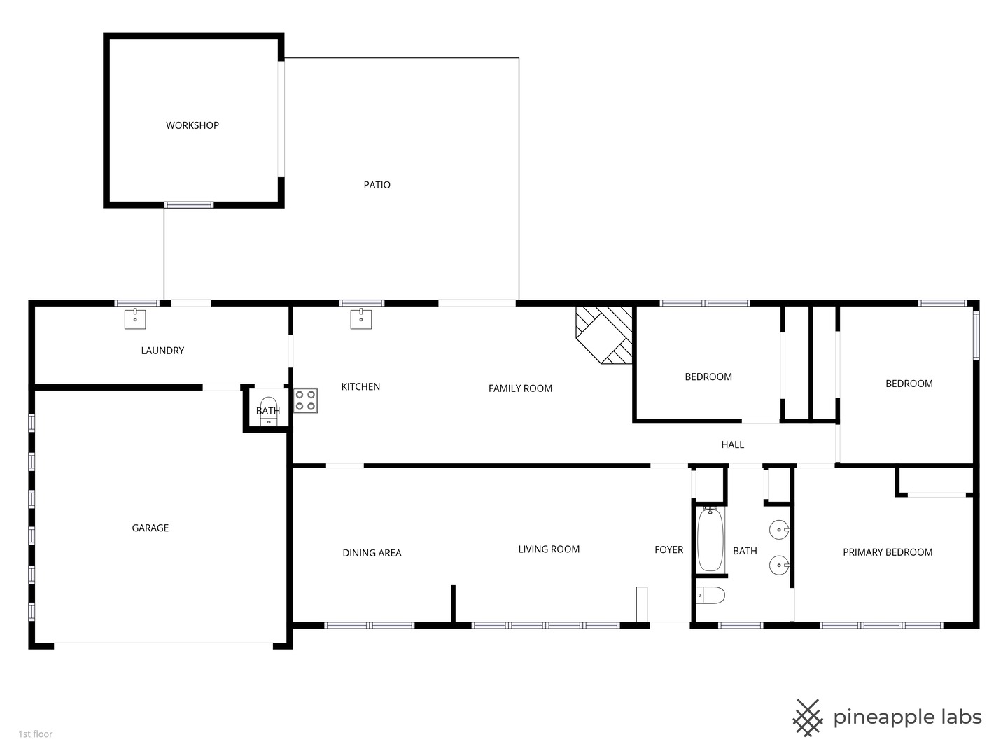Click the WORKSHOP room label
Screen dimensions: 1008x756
192,125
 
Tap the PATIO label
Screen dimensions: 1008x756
377,185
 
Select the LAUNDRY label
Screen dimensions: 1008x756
162,351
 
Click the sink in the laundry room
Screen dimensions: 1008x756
135,319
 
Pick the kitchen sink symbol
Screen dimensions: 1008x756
361,319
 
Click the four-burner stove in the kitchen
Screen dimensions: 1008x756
306,400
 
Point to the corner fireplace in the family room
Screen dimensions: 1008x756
603,335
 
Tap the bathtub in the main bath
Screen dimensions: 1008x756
710,540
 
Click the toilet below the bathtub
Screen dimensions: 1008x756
710,595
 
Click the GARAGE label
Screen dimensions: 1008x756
150,528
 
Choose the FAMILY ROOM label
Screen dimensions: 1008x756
520,388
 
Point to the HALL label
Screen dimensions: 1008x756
732,444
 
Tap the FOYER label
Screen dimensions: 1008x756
668,550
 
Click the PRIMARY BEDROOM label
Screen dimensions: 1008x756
888,553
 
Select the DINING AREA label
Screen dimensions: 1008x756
372,553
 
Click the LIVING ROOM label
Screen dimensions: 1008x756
549,549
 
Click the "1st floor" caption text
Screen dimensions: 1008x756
36,734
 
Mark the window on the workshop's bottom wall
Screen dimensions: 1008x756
189,204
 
